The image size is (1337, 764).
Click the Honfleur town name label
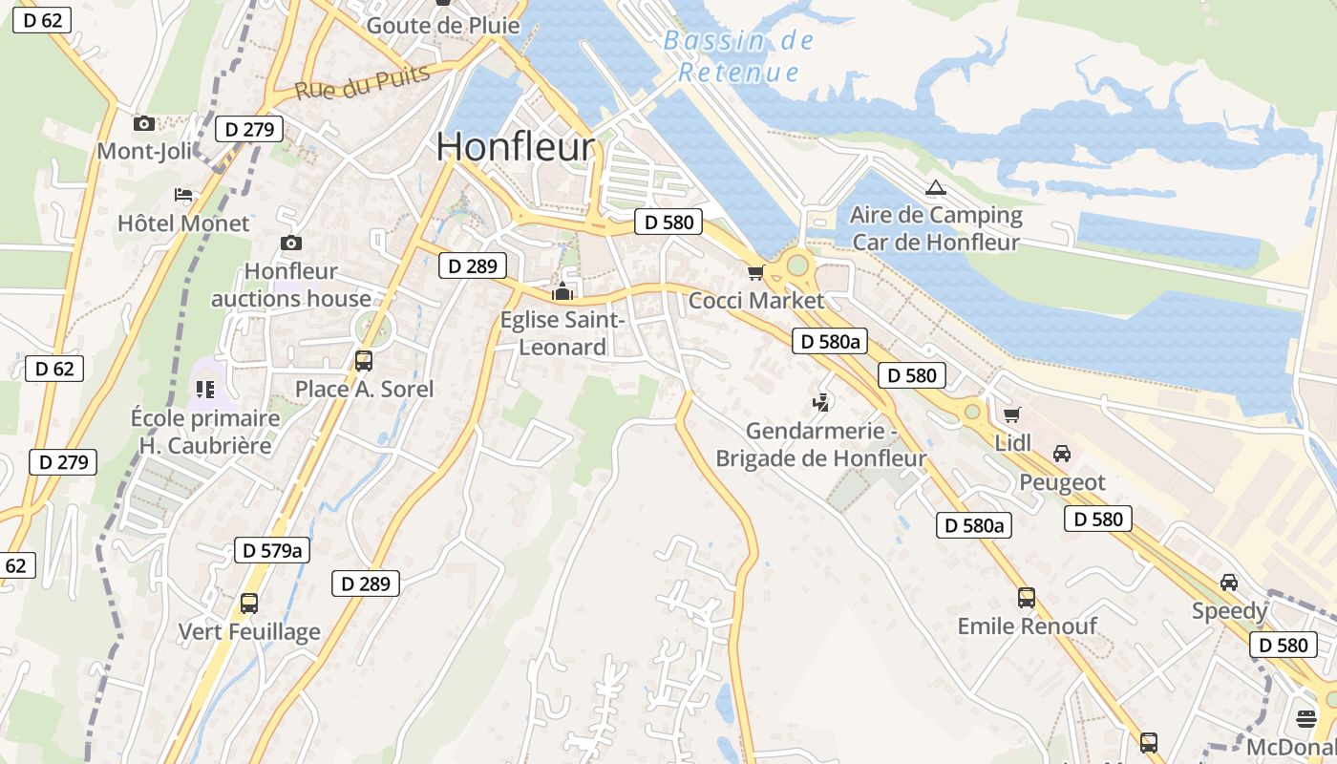point(516,147)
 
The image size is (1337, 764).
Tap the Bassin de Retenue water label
point(738,56)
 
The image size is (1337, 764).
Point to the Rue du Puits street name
point(363,85)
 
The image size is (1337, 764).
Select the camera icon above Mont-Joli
point(144,123)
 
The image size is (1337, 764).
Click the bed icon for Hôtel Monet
point(183,195)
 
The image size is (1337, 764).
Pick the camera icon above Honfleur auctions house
point(291,244)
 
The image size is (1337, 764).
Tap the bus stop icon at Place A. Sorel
point(364,361)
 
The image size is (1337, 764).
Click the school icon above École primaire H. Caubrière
point(205,389)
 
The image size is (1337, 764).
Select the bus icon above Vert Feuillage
point(249,604)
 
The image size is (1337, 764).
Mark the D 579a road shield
point(272,550)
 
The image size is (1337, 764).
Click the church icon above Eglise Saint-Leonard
point(562,291)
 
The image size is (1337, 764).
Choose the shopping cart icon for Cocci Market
point(756,273)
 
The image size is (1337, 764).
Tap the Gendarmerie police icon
point(820,402)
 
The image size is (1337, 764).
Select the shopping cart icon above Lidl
point(1012,414)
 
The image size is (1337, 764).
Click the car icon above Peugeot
point(1062,453)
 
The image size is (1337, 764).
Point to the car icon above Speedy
point(1229,582)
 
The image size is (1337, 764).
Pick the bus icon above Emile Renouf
point(1027,598)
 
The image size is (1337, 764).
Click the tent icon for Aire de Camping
point(935,187)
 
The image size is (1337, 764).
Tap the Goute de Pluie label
point(443,25)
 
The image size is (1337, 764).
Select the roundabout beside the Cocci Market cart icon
point(797,265)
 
